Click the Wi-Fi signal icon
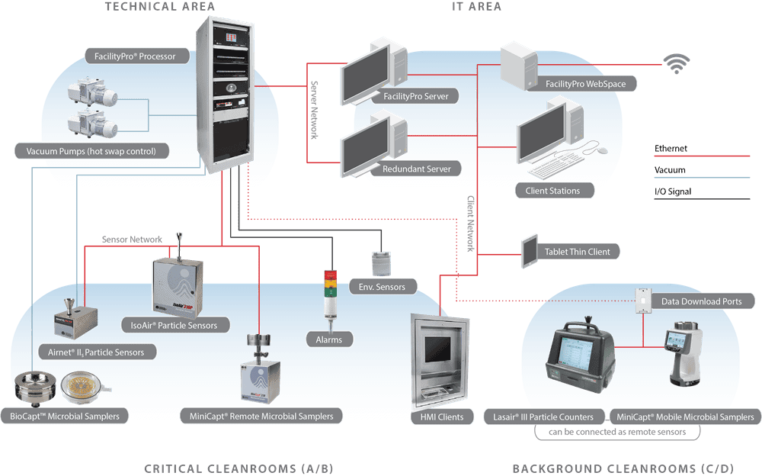pos(674,63)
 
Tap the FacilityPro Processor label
pos(136,56)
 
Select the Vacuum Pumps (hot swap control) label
pos(91,151)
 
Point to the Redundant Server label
pos(416,169)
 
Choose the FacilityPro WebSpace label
pos(585,84)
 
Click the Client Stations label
pos(552,191)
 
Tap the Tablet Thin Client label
pos(577,252)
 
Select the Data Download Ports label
pos(700,301)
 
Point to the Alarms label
pos(329,339)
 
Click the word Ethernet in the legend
pos(670,149)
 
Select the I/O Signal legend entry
pos(673,191)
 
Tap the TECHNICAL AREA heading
pos(159,7)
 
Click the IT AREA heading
pos(476,7)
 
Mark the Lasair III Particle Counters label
pos(544,416)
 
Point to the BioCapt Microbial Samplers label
pos(69,416)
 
